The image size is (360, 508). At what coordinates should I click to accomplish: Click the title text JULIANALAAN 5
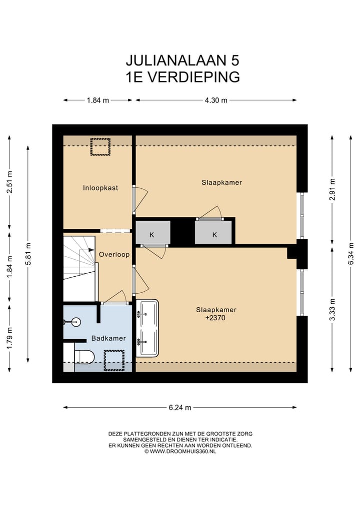pyautogui.click(x=182, y=60)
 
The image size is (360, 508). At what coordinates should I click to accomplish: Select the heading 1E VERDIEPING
pyautogui.click(x=182, y=77)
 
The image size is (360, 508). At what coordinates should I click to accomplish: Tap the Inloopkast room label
pyautogui.click(x=100, y=188)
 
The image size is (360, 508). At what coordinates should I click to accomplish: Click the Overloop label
pyautogui.click(x=114, y=254)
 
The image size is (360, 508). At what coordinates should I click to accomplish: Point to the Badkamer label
pyautogui.click(x=108, y=339)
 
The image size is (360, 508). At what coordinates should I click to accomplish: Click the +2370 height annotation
pyautogui.click(x=216, y=317)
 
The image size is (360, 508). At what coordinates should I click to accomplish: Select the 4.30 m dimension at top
pyautogui.click(x=216, y=100)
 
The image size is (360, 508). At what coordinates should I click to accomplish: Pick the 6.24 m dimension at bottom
pyautogui.click(x=180, y=408)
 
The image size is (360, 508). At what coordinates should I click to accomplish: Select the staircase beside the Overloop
pyautogui.click(x=79, y=267)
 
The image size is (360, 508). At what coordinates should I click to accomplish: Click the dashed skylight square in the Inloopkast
pyautogui.click(x=100, y=147)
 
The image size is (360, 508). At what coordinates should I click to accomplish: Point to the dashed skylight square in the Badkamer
pyautogui.click(x=114, y=360)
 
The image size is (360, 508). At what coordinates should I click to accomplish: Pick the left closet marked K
pyautogui.click(x=152, y=233)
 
